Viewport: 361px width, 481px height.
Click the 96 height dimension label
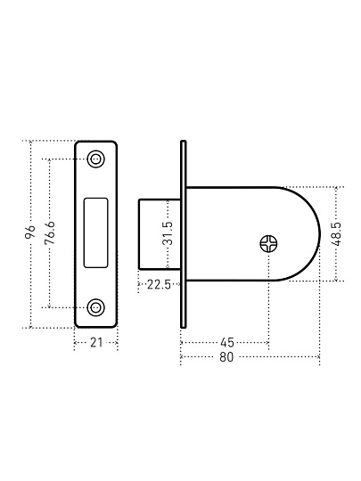pos(31,232)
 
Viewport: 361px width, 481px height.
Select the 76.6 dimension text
pos(49,232)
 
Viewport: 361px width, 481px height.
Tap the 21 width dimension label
pos(96,342)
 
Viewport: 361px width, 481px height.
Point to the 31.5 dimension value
pos(168,232)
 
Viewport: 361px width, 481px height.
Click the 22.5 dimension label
pos(159,285)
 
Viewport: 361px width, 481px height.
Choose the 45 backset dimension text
pos(227,342)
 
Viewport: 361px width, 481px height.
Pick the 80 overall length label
pos(226,357)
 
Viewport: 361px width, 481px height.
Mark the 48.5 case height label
pos(336,233)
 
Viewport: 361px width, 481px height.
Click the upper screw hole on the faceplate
pos(95,159)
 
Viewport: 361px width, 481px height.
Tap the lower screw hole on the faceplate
pos(95,307)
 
